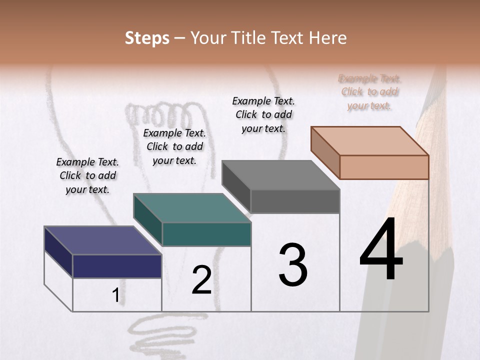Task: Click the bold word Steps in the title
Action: (147, 38)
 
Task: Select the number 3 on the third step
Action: (293, 265)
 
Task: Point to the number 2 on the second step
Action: (201, 280)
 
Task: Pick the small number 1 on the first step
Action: (115, 295)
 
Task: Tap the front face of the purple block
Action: (117, 266)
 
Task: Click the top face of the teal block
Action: (192, 208)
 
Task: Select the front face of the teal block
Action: (206, 234)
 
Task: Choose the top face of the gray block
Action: (281, 175)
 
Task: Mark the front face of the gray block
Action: (295, 201)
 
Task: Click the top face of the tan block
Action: (370, 141)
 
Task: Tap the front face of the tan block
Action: (384, 167)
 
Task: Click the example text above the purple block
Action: (87, 175)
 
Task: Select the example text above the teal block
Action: (174, 146)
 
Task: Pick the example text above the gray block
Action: (263, 114)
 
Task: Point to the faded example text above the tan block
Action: (369, 92)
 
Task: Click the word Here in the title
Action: (329, 38)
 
